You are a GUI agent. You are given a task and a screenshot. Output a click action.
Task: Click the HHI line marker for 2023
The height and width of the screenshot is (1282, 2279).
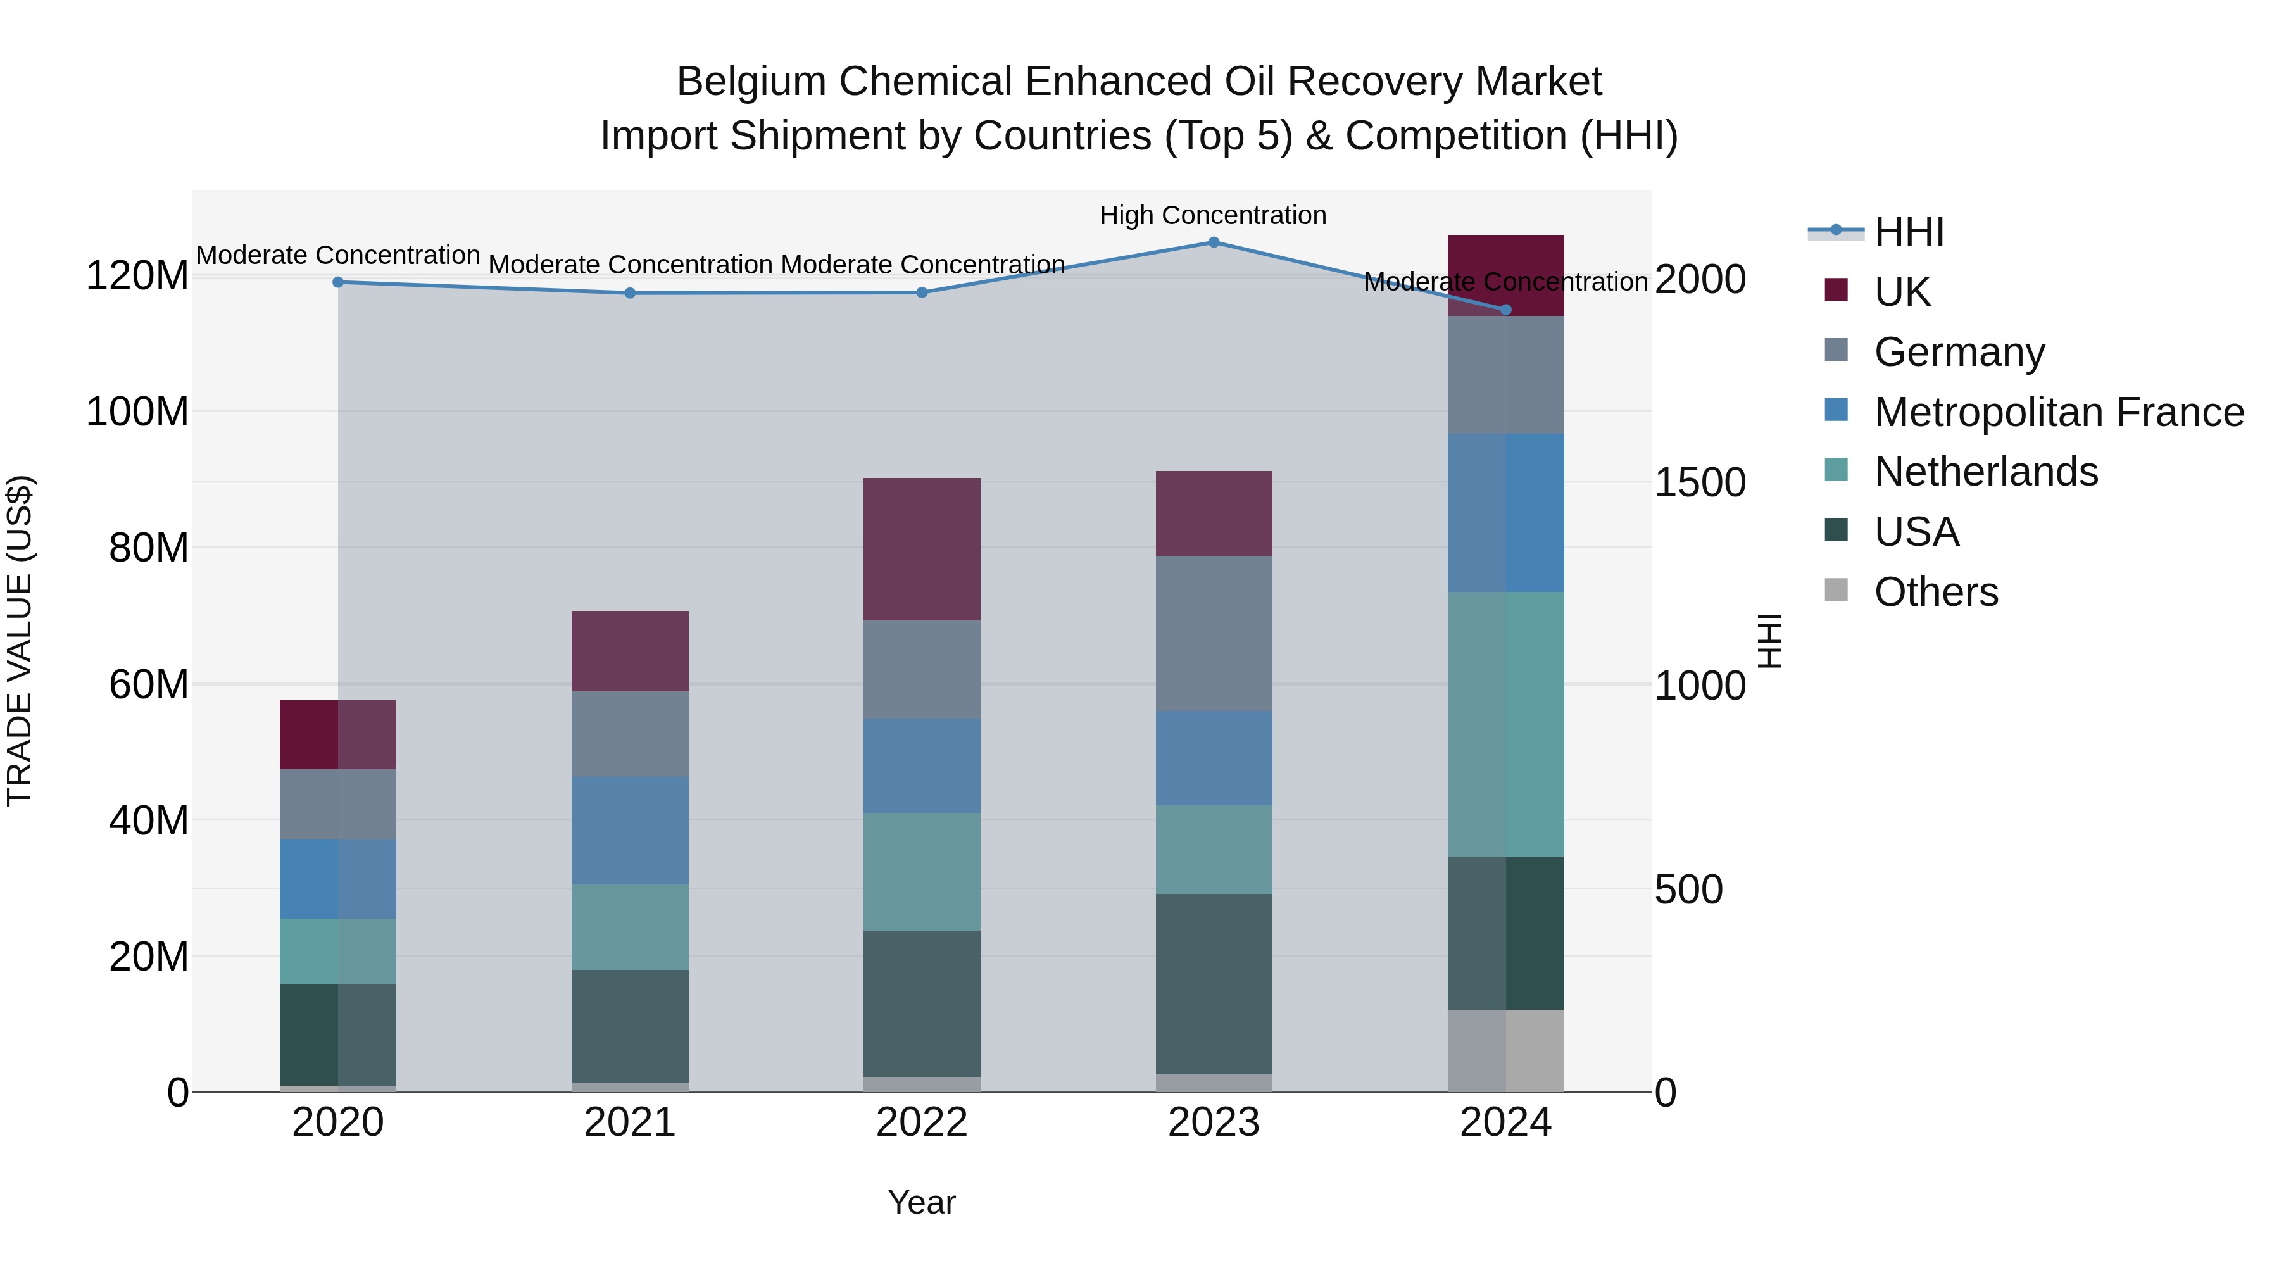click(x=1214, y=242)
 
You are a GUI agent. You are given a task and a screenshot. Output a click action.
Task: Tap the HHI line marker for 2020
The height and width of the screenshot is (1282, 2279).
click(x=338, y=282)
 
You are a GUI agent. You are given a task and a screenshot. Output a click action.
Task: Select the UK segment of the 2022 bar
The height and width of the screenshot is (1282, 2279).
click(x=922, y=550)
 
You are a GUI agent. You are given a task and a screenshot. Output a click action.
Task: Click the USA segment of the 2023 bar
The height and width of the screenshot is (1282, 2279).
click(x=1214, y=984)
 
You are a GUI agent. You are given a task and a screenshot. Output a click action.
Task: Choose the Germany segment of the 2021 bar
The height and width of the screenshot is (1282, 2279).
click(x=630, y=734)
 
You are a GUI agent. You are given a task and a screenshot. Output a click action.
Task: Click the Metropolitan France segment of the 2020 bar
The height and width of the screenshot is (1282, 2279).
click(x=338, y=879)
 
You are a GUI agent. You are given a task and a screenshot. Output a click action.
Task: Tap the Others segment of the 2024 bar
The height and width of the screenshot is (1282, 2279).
click(x=1506, y=1050)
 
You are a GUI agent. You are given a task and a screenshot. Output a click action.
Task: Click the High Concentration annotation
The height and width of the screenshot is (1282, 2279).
click(x=1213, y=215)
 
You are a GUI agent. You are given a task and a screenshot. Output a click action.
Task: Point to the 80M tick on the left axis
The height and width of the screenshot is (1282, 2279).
click(x=149, y=548)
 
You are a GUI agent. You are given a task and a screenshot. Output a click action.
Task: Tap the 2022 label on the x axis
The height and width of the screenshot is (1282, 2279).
click(x=922, y=1122)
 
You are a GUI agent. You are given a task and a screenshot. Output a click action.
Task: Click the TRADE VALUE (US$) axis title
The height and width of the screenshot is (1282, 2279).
click(x=20, y=641)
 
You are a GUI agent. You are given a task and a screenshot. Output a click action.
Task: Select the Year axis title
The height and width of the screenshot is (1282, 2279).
click(x=922, y=1202)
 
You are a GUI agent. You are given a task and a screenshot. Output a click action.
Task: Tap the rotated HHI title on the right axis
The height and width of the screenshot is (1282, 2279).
click(x=1769, y=641)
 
